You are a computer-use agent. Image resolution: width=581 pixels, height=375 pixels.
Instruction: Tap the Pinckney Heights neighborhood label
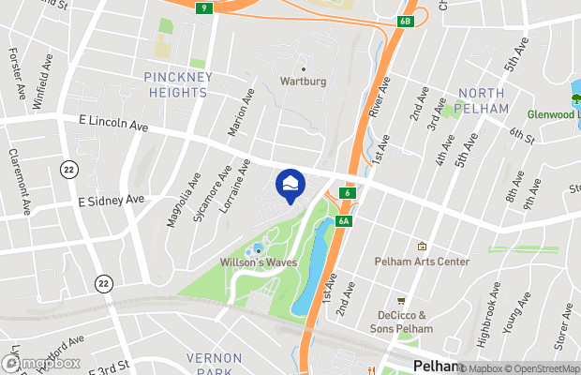(176, 84)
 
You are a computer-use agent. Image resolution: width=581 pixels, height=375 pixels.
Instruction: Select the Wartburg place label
(304, 82)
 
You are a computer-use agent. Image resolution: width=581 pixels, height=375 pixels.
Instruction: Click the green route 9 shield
(203, 7)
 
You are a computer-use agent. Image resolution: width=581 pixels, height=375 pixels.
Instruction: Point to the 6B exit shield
(404, 20)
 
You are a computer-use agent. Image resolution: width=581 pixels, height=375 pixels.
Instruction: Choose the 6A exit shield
(345, 221)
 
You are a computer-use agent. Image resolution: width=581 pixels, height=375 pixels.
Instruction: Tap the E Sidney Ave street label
(111, 200)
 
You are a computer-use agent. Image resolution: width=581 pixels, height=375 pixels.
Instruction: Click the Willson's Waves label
(259, 262)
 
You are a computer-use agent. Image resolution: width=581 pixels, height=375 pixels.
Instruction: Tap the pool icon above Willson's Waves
(258, 249)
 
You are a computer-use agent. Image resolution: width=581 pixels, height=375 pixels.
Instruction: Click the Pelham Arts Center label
(422, 262)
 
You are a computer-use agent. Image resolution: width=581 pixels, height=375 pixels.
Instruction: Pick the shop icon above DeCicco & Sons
(402, 301)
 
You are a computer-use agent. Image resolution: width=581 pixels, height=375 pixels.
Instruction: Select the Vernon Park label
(214, 365)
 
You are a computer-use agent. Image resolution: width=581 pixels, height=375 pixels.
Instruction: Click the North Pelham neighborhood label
(483, 100)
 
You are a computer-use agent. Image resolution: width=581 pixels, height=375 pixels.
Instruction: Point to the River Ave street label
(379, 97)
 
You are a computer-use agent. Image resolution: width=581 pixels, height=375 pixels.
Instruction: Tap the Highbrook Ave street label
(494, 323)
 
